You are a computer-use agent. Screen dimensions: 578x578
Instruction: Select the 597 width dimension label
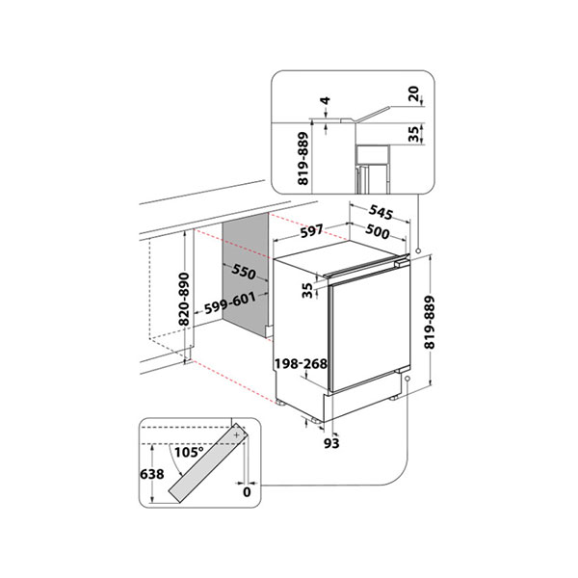[x=312, y=231]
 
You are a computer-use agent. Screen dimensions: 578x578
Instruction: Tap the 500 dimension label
[x=377, y=231]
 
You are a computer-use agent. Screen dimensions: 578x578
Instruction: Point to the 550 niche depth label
[x=244, y=272]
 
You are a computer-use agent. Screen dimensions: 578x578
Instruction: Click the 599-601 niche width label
[x=230, y=302]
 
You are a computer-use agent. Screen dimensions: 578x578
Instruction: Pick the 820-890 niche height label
[x=184, y=299]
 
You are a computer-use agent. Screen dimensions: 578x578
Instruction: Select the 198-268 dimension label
[x=301, y=364]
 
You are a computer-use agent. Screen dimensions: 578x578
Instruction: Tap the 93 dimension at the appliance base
[x=331, y=443]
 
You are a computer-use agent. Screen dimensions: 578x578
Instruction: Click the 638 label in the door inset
[x=152, y=474]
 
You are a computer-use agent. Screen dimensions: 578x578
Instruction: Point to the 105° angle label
[x=189, y=452]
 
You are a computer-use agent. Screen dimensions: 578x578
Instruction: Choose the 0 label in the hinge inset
[x=247, y=491]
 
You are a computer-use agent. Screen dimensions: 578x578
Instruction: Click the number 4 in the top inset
[x=326, y=100]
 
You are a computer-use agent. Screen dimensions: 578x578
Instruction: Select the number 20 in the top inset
[x=414, y=93]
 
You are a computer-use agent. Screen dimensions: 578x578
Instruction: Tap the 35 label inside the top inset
[x=414, y=134]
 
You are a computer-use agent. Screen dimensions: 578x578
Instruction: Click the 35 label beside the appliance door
[x=307, y=290]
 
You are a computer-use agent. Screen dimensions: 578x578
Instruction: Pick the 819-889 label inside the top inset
[x=302, y=159]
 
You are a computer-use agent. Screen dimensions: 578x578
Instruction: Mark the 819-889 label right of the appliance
[x=430, y=322]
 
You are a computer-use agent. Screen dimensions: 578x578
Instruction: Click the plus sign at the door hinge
[x=237, y=435]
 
